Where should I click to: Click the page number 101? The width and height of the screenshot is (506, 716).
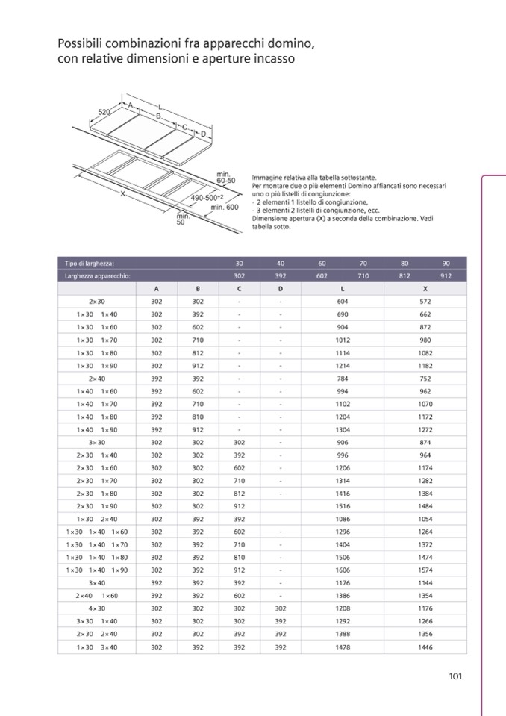(x=456, y=676)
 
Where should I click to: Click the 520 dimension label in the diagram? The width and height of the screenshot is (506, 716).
(x=105, y=112)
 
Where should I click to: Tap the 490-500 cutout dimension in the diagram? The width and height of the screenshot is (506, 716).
(x=203, y=197)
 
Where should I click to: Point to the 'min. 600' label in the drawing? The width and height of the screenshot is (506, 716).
(x=224, y=207)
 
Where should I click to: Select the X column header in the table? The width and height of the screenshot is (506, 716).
(x=425, y=288)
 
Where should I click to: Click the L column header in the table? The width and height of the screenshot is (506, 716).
(x=343, y=288)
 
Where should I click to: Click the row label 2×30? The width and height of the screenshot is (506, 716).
(x=96, y=302)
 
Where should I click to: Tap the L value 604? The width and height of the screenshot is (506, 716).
(x=343, y=302)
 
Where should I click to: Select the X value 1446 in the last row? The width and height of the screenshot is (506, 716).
(x=425, y=647)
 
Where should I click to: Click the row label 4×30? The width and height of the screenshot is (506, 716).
(x=96, y=608)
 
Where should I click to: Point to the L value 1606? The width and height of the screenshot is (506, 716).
(x=343, y=570)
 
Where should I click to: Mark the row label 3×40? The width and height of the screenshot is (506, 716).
(x=96, y=583)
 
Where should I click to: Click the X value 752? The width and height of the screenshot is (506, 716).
(x=425, y=379)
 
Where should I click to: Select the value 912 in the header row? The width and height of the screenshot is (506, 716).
(x=446, y=275)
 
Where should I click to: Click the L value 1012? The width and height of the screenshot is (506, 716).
(x=343, y=340)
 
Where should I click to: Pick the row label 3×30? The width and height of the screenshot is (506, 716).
(x=96, y=442)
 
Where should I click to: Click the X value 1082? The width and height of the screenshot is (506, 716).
(x=425, y=352)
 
